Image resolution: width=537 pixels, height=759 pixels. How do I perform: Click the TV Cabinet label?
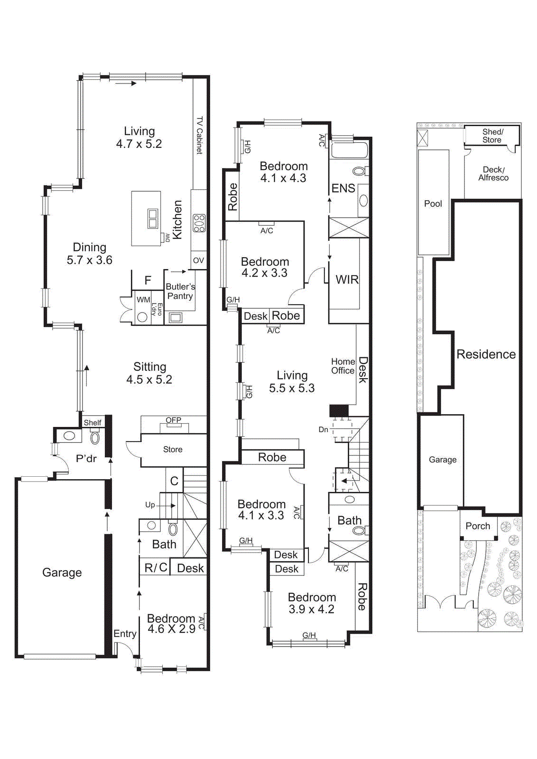[x=200, y=135]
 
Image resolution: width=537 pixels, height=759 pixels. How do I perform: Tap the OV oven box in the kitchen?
[x=198, y=260]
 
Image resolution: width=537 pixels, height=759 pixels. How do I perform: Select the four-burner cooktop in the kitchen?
[x=199, y=223]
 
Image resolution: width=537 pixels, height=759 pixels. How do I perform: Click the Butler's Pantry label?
[x=180, y=291]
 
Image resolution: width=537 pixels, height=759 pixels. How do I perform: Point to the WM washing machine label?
[x=143, y=300]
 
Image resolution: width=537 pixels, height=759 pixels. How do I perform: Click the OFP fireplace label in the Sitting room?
[x=173, y=420]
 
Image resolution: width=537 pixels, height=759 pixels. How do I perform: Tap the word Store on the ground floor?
[x=173, y=449]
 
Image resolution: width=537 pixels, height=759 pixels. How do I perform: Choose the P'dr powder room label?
[x=86, y=459]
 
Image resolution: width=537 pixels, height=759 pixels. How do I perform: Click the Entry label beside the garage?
[x=125, y=634]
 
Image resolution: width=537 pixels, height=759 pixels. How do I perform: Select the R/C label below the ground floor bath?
[x=156, y=568]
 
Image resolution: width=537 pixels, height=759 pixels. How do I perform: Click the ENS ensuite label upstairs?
[x=343, y=188]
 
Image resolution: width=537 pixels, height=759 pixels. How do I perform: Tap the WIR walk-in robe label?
[x=347, y=280]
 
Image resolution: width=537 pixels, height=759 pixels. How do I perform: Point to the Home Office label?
[x=343, y=366]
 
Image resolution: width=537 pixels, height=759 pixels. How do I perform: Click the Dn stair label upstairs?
[x=323, y=429]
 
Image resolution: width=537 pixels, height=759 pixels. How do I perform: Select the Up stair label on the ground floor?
[x=150, y=505]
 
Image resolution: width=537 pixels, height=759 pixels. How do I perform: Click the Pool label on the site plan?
[x=433, y=204]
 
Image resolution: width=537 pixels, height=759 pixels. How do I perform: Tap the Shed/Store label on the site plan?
[x=492, y=136]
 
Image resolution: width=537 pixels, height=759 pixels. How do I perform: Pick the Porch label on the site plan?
[x=478, y=526]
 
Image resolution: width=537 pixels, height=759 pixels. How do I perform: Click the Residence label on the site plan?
[x=486, y=354]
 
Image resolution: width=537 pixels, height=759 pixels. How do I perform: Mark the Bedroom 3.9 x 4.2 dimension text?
[x=311, y=610]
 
